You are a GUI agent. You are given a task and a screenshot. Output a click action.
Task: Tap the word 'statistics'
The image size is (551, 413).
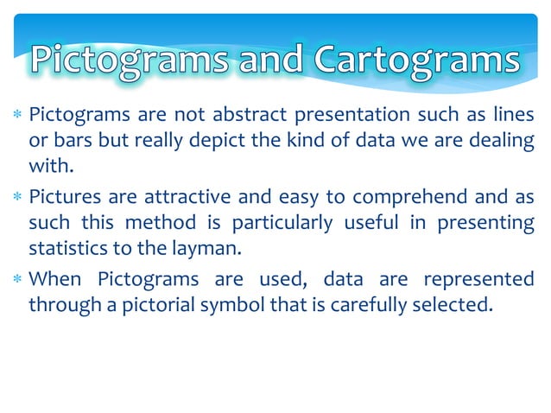[x=63, y=251]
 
